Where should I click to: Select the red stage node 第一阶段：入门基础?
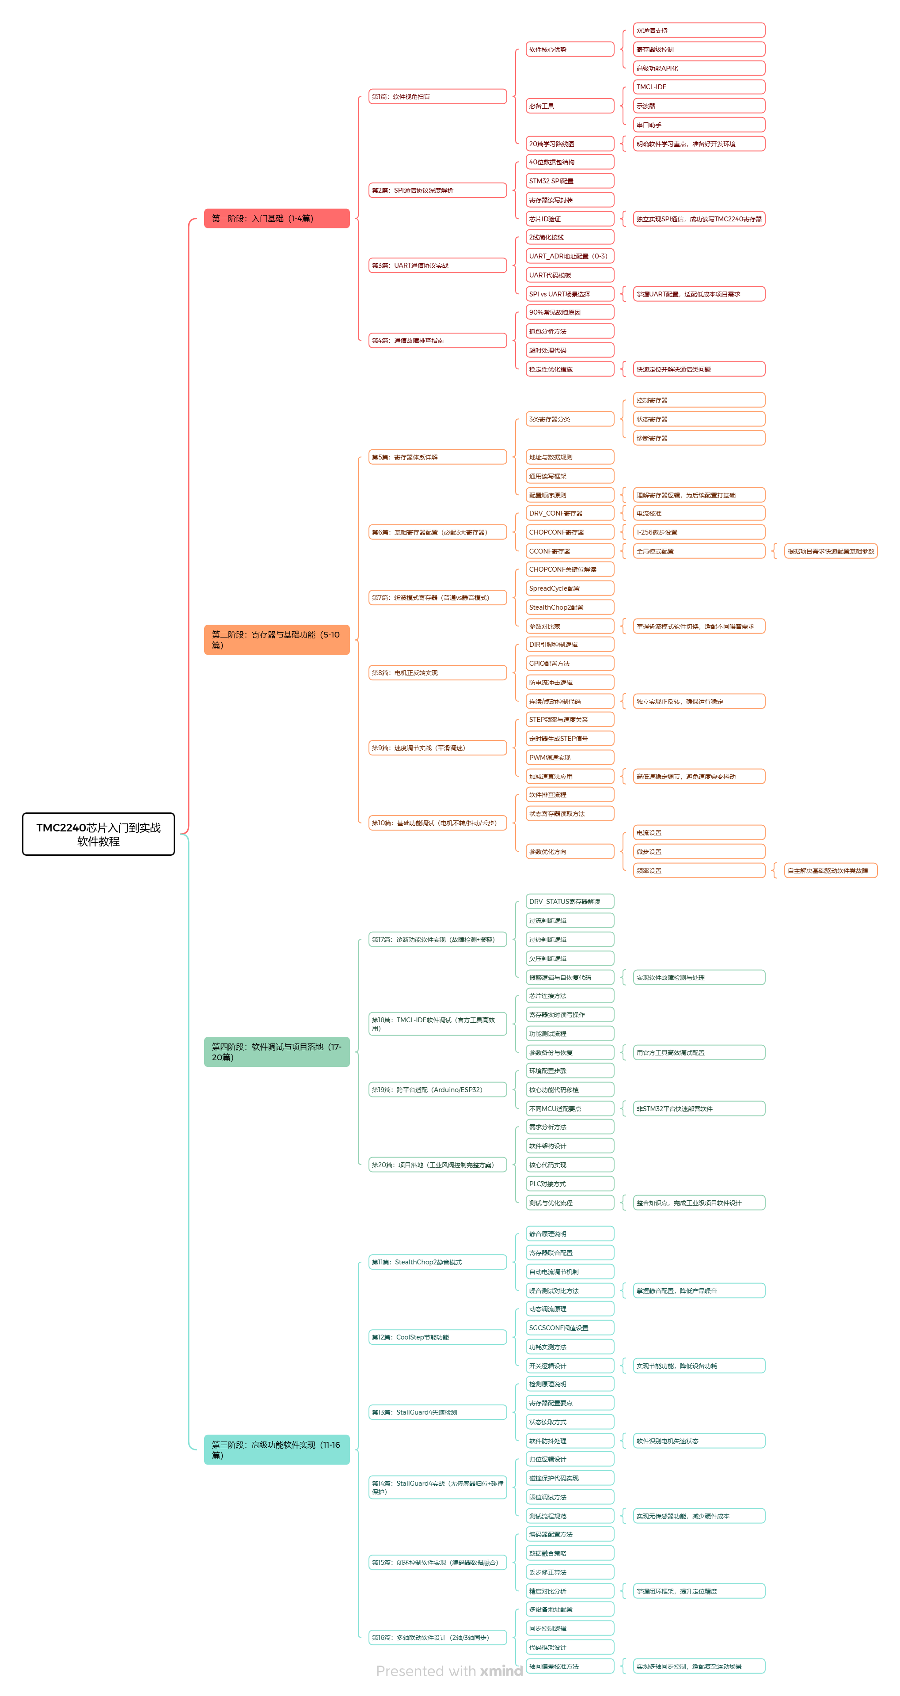pyautogui.click(x=277, y=219)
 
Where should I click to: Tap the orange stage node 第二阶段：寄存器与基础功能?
pyautogui.click(x=277, y=639)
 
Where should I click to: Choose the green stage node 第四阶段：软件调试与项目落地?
pyautogui.click(x=277, y=1051)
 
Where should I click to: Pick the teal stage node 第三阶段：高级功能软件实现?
pyautogui.click(x=277, y=1450)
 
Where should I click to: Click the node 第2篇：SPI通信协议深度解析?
pyautogui.click(x=437, y=190)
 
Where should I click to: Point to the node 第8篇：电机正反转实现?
pyautogui.click(x=437, y=673)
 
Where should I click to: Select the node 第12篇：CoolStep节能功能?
pyautogui.click(x=437, y=1337)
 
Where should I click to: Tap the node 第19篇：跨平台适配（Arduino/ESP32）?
pyautogui.click(x=437, y=1089)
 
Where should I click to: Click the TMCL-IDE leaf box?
pyautogui.click(x=699, y=87)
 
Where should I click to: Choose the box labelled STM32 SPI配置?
pyautogui.click(x=570, y=181)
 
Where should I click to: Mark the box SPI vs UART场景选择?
pyautogui.click(x=570, y=294)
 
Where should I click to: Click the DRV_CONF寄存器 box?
pyautogui.click(x=570, y=513)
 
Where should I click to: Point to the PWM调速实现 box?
pyautogui.click(x=570, y=758)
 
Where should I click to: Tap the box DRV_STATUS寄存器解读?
pyautogui.click(x=570, y=901)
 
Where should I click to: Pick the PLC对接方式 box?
pyautogui.click(x=570, y=1184)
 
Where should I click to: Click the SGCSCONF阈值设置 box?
pyautogui.click(x=570, y=1328)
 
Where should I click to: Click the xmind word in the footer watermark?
pyautogui.click(x=501, y=1671)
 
